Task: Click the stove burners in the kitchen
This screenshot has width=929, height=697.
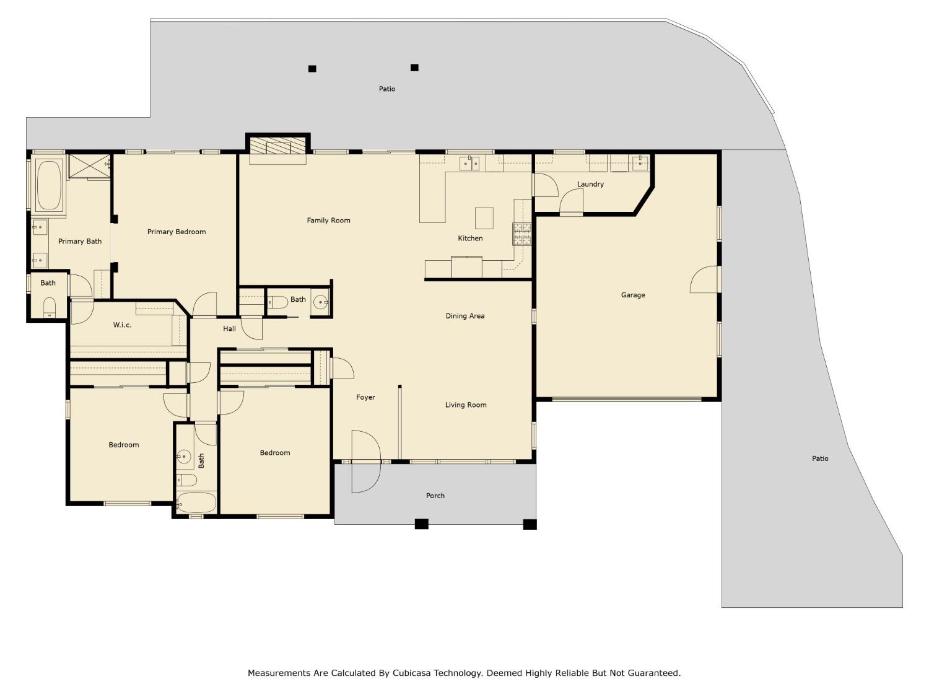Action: (x=521, y=234)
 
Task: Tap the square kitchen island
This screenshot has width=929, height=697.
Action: (x=484, y=218)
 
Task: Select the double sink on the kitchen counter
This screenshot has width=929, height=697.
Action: (x=469, y=164)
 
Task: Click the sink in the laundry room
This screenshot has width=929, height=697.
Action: (x=640, y=164)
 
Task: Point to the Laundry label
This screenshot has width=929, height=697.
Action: (x=590, y=184)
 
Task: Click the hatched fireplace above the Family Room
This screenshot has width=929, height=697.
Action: (x=278, y=145)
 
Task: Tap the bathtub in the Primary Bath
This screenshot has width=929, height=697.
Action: (x=49, y=185)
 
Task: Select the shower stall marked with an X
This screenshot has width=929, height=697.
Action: (x=89, y=167)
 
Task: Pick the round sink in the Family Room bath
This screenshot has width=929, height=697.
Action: (x=320, y=302)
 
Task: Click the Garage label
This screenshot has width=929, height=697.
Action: (x=633, y=295)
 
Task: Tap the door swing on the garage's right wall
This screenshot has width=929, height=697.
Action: (x=705, y=280)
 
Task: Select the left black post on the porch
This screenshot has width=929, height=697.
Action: (x=421, y=524)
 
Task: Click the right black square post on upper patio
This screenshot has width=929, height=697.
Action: (x=414, y=68)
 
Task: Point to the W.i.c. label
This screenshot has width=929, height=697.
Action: (x=122, y=325)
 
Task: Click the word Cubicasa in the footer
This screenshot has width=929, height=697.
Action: (x=414, y=673)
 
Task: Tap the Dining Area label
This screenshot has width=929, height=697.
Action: (x=464, y=316)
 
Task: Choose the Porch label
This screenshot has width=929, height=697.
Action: (x=435, y=496)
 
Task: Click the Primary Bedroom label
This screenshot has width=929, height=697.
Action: (x=177, y=232)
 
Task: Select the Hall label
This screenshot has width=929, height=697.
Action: (x=229, y=328)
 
